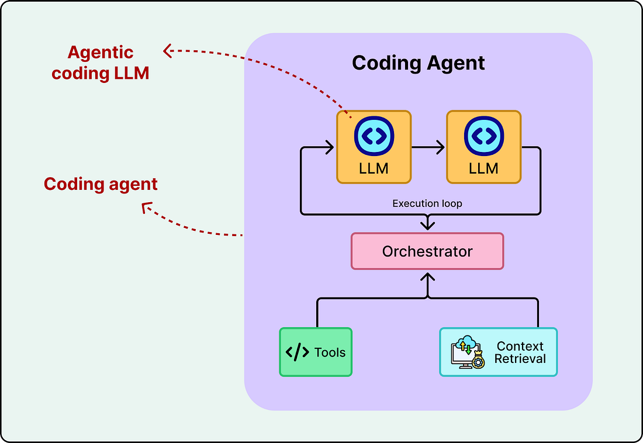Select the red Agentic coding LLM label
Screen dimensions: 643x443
coord(101,63)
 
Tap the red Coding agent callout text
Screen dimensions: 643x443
coord(101,184)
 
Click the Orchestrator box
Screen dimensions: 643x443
coord(427,251)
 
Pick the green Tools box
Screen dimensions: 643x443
coord(316,352)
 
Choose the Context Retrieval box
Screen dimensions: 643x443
coord(498,352)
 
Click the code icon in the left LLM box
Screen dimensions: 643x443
coord(374,136)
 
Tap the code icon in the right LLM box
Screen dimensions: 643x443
coord(484,136)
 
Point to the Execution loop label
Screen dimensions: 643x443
coord(427,203)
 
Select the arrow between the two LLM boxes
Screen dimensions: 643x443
coord(428,147)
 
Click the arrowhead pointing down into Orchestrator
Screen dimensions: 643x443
coord(428,224)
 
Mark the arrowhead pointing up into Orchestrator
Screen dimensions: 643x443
coord(428,278)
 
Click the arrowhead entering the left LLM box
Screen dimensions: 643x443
coord(330,147)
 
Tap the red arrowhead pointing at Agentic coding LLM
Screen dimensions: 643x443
coord(167,51)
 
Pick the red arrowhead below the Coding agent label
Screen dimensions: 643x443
coord(147,207)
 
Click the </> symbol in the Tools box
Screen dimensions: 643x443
coord(298,352)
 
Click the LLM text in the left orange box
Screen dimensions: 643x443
coord(374,168)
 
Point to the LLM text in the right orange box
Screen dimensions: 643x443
coord(483,168)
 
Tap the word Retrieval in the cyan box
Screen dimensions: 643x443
coord(520,358)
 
